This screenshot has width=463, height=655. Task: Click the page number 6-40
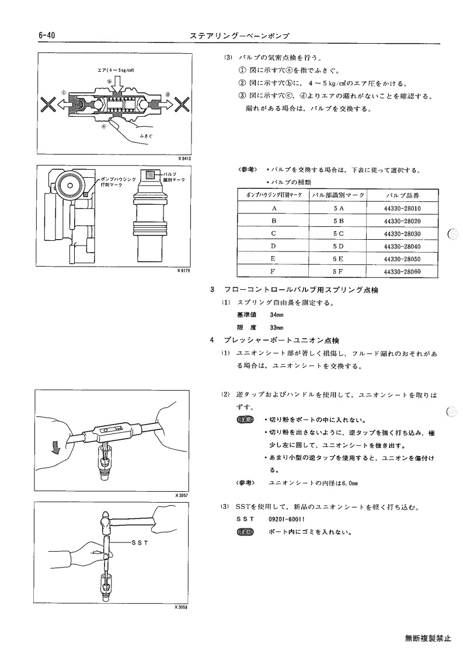click(47, 36)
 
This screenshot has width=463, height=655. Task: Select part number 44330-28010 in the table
click(402, 208)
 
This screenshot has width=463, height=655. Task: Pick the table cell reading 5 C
click(338, 233)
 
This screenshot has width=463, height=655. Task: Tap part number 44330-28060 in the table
click(402, 272)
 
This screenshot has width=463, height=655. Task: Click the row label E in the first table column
click(273, 259)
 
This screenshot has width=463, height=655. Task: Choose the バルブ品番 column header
click(402, 195)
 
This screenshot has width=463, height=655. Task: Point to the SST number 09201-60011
click(287, 519)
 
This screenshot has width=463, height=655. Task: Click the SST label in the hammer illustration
click(140, 542)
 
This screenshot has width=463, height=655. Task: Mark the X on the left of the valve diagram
click(49, 105)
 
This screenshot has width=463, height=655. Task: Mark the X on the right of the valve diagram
click(182, 105)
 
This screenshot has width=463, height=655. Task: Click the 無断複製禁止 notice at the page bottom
click(428, 639)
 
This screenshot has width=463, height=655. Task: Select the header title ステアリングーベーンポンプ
click(239, 36)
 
